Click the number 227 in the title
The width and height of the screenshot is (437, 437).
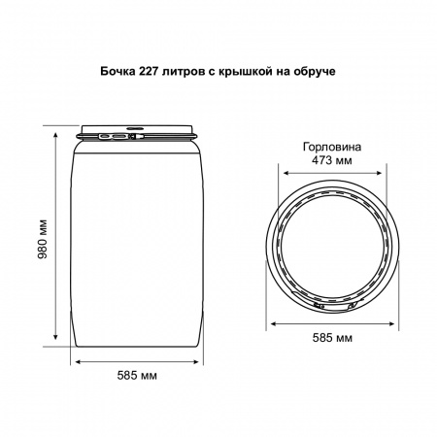pyautogui.click(x=149, y=71)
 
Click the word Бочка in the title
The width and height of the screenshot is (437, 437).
pyautogui.click(x=118, y=71)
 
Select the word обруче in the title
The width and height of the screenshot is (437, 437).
pyautogui.click(x=315, y=72)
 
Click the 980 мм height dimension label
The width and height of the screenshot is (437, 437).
pyautogui.click(x=43, y=240)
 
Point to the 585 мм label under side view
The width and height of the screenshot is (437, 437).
pyautogui.click(x=137, y=376)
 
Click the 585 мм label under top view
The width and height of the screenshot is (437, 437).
pyautogui.click(x=332, y=338)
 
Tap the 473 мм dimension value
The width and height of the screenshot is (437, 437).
pyautogui.click(x=332, y=160)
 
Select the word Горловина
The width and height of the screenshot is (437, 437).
pyautogui.click(x=332, y=147)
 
